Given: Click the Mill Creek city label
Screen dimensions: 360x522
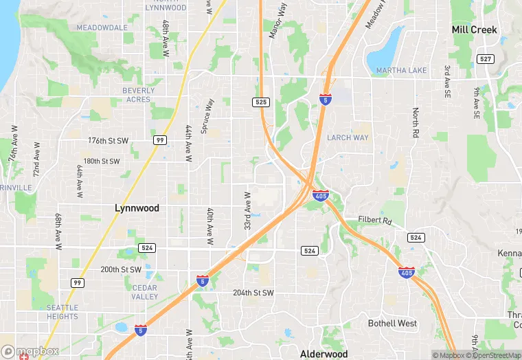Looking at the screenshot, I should point(474,30).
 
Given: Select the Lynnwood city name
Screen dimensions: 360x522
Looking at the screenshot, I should point(137,207).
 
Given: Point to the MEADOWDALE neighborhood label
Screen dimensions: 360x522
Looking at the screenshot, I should point(102,27).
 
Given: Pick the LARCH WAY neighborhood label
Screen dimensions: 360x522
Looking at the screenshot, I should point(348,137).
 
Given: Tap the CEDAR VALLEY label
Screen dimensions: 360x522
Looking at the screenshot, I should point(145,292).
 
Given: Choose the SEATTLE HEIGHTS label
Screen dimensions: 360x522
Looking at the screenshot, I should point(63,312).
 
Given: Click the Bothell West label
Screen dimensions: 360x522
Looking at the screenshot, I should point(392,323).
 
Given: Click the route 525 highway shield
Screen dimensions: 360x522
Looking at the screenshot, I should point(260,102).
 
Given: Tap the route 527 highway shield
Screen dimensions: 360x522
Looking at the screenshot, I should point(486,59).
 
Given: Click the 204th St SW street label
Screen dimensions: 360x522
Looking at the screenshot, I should point(253,293).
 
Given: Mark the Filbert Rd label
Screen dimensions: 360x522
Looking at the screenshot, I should point(374,221).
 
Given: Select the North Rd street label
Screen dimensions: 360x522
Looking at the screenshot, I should point(416,123).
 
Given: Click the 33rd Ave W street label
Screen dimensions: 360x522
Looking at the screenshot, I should point(247,210).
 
